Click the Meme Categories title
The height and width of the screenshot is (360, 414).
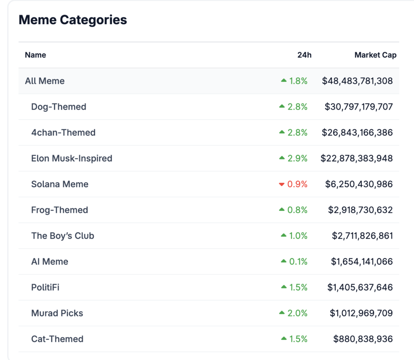click(73, 20)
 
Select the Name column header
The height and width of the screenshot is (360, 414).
click(36, 55)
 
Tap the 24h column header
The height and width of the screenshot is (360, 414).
click(304, 55)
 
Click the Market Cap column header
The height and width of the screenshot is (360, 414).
click(376, 55)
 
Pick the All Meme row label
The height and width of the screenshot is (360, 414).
click(44, 81)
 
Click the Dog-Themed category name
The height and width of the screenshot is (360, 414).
click(59, 107)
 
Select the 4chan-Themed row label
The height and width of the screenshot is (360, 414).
click(63, 132)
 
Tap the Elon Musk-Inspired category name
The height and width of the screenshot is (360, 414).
click(72, 158)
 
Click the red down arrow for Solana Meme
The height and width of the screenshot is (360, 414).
click(282, 184)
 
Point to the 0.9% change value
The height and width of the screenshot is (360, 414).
click(297, 184)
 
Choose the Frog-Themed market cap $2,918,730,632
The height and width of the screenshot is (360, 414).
click(360, 210)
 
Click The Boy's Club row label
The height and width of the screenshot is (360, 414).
click(63, 235)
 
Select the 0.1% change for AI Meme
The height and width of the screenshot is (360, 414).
click(298, 261)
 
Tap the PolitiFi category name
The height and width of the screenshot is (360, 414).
click(45, 287)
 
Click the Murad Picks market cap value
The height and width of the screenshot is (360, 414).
click(361, 313)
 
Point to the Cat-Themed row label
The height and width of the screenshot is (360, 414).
click(57, 339)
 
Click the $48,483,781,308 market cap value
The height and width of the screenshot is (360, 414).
click(357, 81)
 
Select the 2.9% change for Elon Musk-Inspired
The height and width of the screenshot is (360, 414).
click(297, 158)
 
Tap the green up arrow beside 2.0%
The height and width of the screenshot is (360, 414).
click(282, 313)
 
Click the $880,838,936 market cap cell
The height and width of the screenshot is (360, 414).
click(363, 339)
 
